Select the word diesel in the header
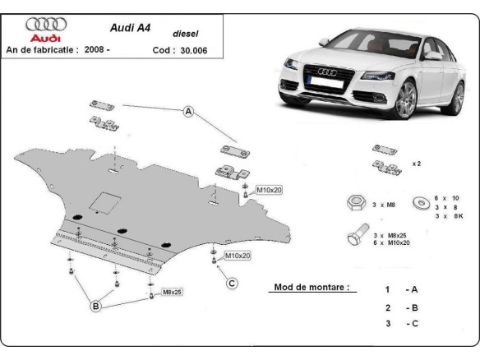pos(185,34)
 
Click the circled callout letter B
pos(95,307)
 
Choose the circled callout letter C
pos(233,284)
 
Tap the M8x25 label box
pos(172,292)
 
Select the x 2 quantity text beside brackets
pos(418,164)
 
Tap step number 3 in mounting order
pos(387,325)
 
